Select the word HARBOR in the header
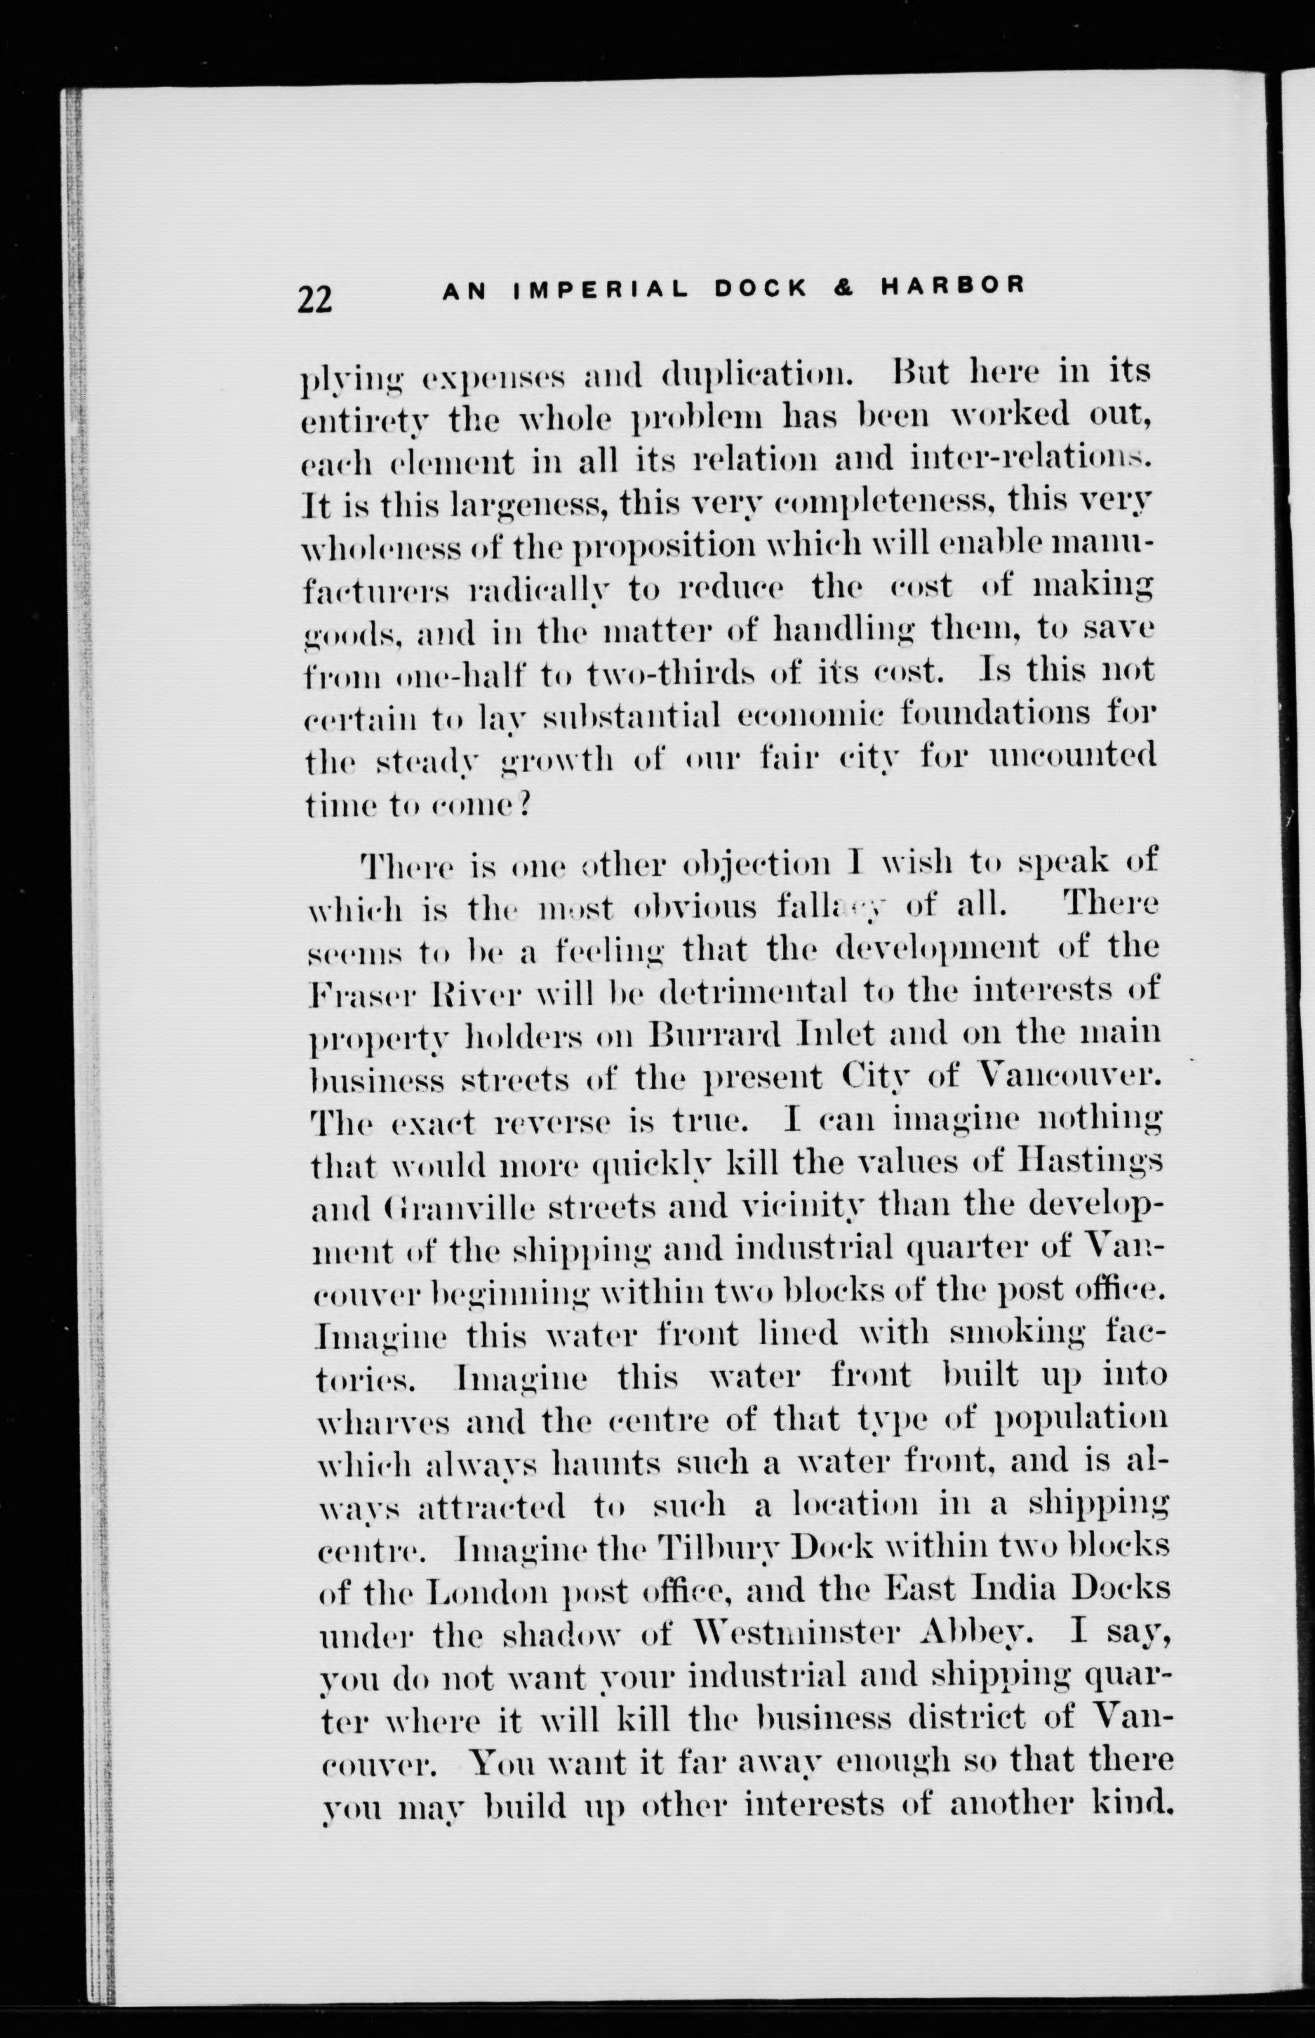tap(953, 286)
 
